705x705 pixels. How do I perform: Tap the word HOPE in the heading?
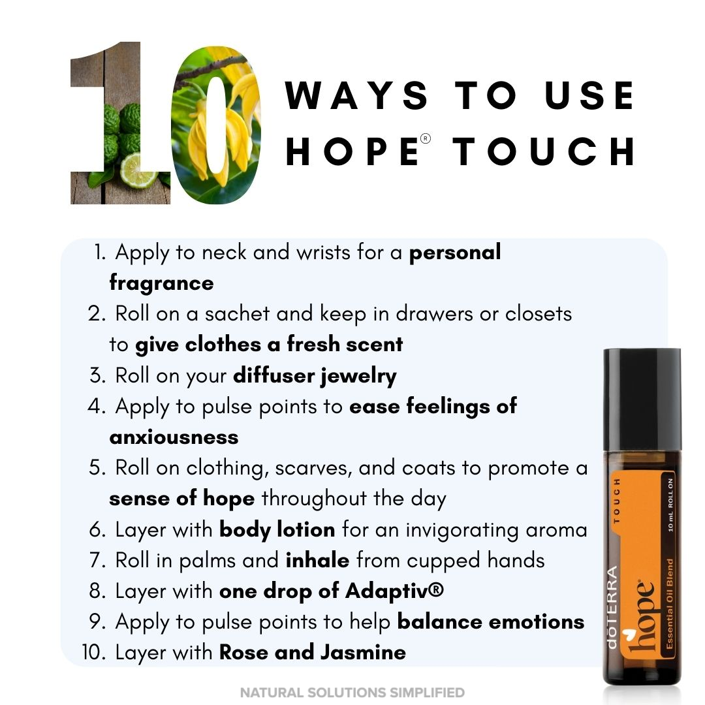tap(352, 151)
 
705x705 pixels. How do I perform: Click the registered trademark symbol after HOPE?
tap(426, 138)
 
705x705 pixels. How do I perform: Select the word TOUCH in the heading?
tap(544, 151)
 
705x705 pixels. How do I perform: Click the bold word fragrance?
tap(161, 283)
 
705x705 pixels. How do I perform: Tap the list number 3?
tap(96, 375)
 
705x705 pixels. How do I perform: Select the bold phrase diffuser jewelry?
tap(315, 376)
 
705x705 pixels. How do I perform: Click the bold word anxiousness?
tap(174, 437)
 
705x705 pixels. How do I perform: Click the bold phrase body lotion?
tap(277, 529)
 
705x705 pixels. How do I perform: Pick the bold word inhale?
tap(317, 560)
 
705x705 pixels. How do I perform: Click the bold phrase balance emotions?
tap(490, 622)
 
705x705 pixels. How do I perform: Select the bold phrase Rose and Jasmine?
tap(313, 652)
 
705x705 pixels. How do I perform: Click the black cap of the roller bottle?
tap(642, 398)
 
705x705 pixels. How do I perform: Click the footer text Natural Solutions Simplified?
tap(352, 692)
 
